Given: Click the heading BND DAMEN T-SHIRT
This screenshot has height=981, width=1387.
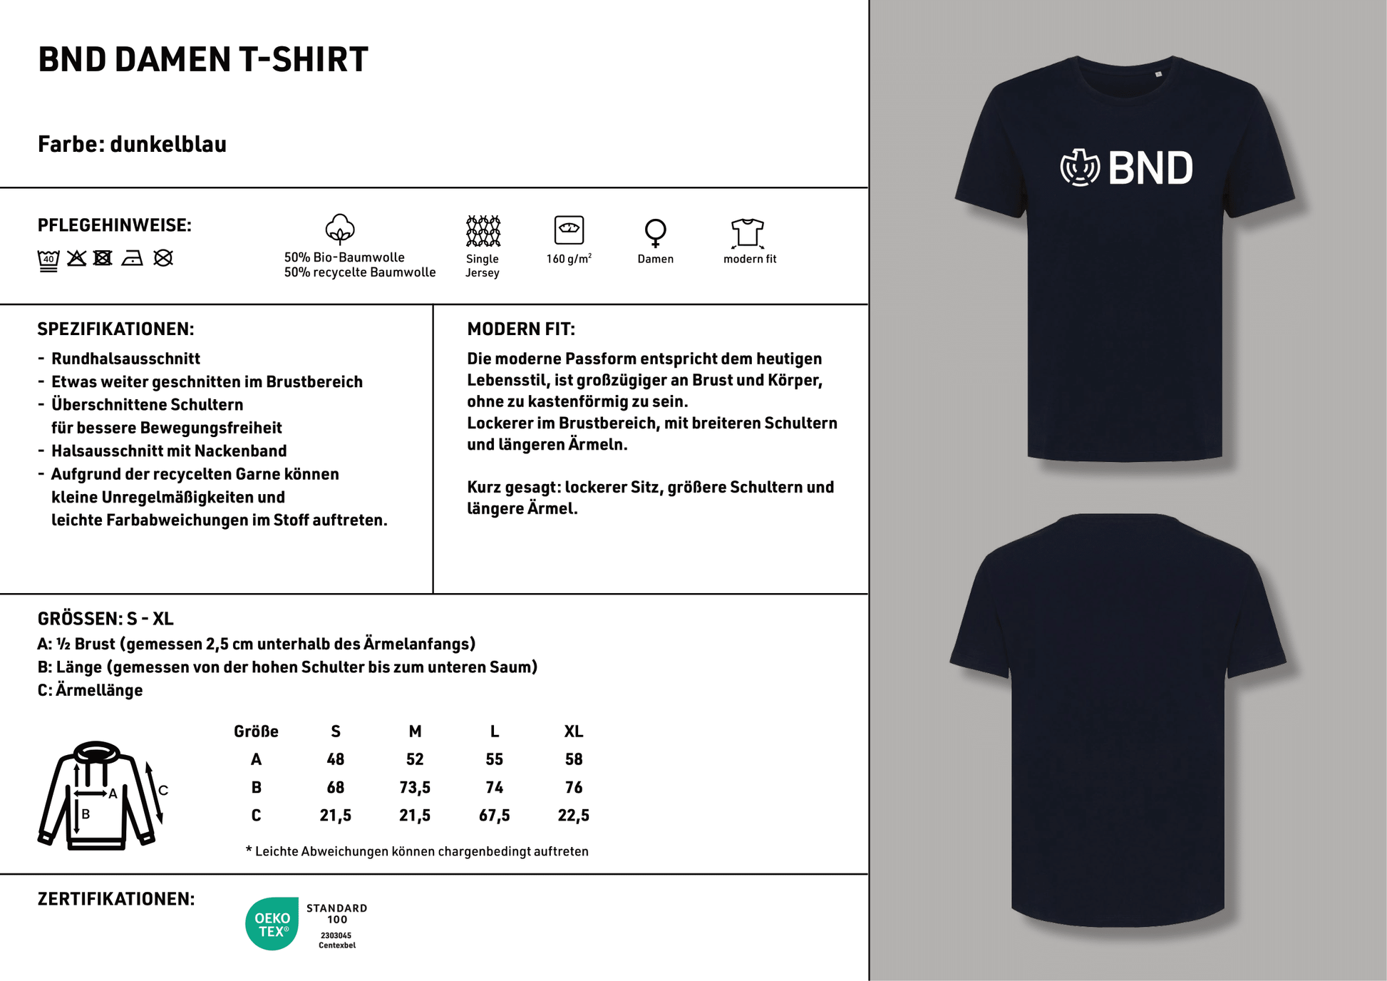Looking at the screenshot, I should (203, 59).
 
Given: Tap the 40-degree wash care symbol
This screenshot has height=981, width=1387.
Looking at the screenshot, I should (48, 260).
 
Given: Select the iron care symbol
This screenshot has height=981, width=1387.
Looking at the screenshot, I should (132, 258).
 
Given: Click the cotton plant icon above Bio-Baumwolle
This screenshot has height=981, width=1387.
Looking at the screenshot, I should (340, 229).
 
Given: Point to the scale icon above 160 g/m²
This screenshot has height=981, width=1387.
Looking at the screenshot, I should (569, 230).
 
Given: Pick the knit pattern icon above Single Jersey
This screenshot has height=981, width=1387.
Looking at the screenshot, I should (483, 231).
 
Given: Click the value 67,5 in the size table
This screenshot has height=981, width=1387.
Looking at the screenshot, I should (494, 815).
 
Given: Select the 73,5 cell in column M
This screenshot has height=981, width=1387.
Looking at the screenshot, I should (415, 787).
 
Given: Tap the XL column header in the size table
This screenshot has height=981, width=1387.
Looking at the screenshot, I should (573, 731).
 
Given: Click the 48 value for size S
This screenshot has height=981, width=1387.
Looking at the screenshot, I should (335, 759).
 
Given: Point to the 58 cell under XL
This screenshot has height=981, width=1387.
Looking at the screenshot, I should (573, 759).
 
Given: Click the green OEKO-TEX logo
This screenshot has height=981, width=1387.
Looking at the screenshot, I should (272, 924).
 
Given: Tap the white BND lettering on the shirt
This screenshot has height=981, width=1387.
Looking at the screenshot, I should (1150, 169).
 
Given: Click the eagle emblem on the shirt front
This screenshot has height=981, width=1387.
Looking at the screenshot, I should (1081, 168).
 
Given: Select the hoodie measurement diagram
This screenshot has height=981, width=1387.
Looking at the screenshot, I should (100, 795).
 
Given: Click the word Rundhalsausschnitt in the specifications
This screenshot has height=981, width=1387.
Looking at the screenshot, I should (125, 359).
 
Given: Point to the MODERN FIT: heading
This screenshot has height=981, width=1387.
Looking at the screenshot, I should (520, 329).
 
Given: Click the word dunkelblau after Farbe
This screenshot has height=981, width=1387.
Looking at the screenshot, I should (168, 144).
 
